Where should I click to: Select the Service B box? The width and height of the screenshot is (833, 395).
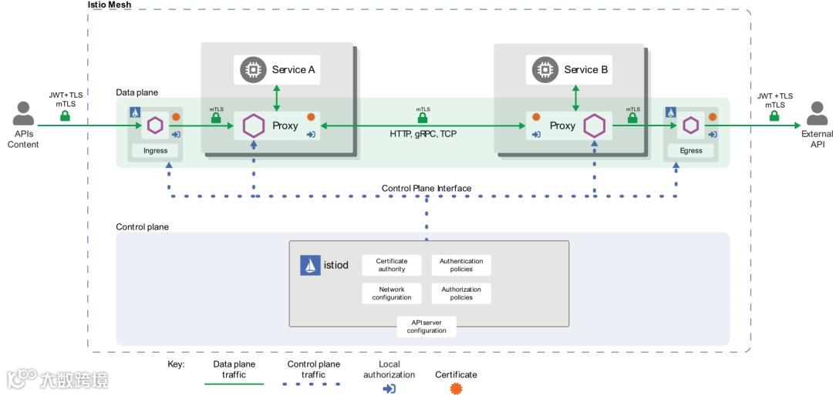tap(570, 70)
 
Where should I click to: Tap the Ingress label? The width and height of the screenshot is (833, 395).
tap(155, 150)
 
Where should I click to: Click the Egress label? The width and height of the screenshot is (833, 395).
tap(691, 150)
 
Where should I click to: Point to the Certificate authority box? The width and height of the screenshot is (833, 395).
tap(392, 266)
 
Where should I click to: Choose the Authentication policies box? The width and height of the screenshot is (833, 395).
tap(461, 266)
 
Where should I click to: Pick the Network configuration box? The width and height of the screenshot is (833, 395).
tap(392, 293)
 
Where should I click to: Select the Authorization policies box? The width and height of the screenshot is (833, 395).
tap(461, 293)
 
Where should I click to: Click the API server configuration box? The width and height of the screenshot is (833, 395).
tap(427, 326)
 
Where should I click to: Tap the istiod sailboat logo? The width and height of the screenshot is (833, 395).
tap(310, 266)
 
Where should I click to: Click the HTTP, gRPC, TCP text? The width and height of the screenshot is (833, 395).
tap(423, 134)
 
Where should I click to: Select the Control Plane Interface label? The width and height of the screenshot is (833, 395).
tap(427, 189)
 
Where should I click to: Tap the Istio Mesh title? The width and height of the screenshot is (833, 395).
tap(110, 5)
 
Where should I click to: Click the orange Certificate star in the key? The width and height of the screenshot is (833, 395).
tap(456, 388)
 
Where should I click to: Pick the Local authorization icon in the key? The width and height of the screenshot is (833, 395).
tap(390, 388)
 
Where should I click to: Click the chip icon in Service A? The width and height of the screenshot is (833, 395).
tap(251, 70)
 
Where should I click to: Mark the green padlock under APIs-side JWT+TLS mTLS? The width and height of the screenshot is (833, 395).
tap(66, 116)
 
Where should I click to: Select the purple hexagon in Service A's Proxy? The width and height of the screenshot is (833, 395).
tap(253, 126)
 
